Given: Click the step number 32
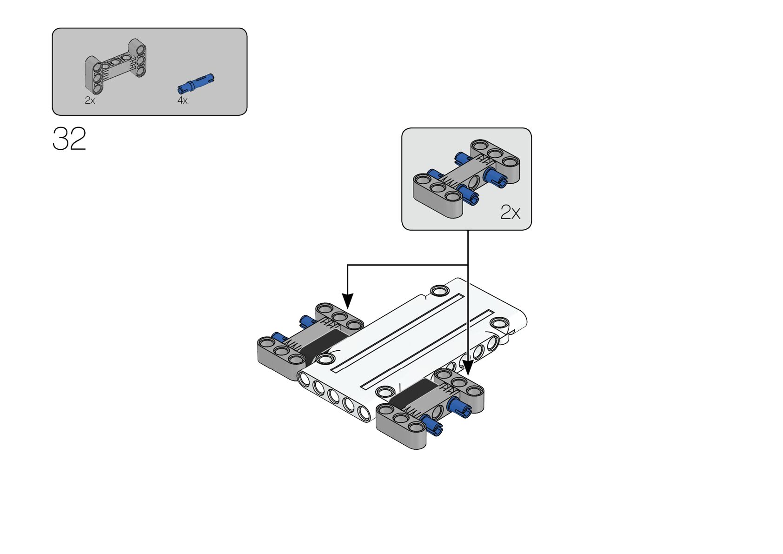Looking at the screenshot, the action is pyautogui.click(x=69, y=139).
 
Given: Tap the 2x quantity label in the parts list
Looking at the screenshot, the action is pyautogui.click(x=90, y=101).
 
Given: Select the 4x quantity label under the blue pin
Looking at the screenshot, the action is pyautogui.click(x=182, y=101).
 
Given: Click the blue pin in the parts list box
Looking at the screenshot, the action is pyautogui.click(x=196, y=84).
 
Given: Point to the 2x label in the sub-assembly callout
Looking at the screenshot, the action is pyautogui.click(x=511, y=212).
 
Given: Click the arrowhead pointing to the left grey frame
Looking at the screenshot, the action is pyautogui.click(x=347, y=301).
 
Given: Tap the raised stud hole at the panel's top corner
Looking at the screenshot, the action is pyautogui.click(x=439, y=291).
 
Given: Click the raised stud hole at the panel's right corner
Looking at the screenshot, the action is pyautogui.click(x=500, y=322).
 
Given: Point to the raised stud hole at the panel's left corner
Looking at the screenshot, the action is pyautogui.click(x=325, y=359).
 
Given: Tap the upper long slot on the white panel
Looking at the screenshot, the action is pyautogui.click(x=397, y=333).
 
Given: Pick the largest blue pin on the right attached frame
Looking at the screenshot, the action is pyautogui.click(x=459, y=407).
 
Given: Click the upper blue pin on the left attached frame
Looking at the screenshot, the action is pyautogui.click(x=308, y=320).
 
